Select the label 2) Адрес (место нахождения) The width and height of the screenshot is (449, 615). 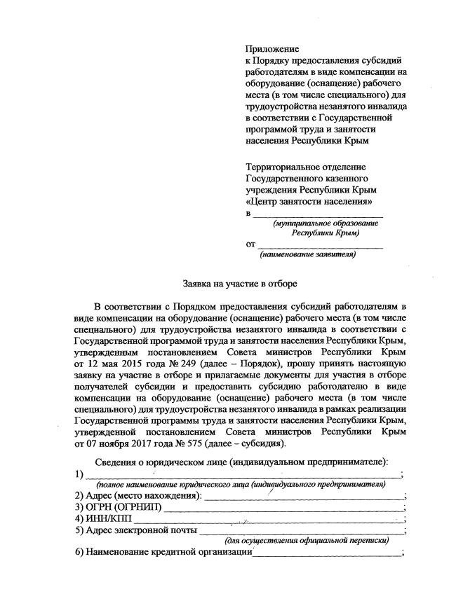click(x=138, y=496)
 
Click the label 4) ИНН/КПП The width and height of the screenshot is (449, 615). click(x=102, y=518)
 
